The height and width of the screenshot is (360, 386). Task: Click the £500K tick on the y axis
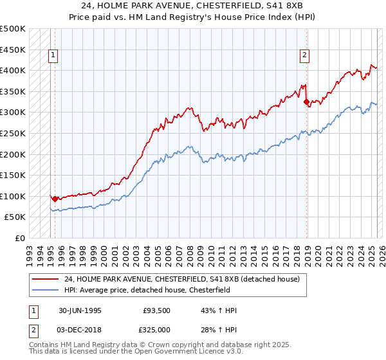13,29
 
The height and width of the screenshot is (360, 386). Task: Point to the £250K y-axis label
13,133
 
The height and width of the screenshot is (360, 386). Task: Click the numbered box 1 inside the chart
54,55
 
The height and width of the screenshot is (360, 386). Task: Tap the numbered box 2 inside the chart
304,55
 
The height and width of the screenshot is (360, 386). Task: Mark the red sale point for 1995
55,199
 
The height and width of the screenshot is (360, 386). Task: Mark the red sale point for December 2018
306,102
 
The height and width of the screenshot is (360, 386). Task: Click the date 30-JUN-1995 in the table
80,310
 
